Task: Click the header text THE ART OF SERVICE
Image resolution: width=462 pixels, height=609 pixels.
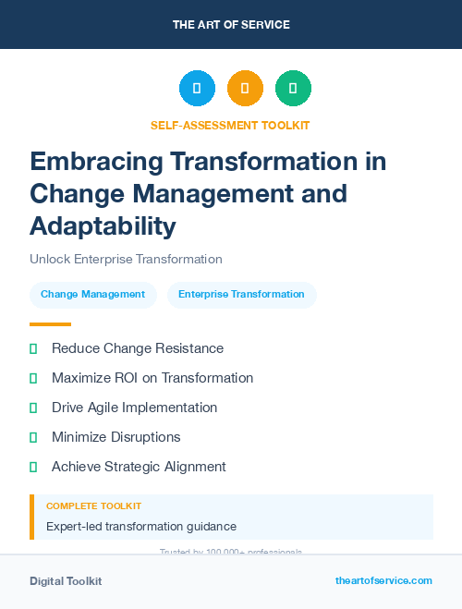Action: tap(231, 25)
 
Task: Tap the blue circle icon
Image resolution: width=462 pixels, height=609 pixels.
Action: tap(197, 89)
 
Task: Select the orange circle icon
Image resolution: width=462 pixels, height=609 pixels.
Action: tap(245, 89)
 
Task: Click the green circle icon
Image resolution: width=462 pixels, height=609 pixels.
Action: tap(293, 89)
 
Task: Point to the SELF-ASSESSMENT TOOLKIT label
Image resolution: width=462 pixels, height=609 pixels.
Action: tap(230, 125)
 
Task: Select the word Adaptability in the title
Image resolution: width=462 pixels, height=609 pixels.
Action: tap(102, 225)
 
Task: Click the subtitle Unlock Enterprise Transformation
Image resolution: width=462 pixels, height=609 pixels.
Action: tap(126, 260)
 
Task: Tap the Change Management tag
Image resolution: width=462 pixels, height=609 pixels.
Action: tap(92, 295)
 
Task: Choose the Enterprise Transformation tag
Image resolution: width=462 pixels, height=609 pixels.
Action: tap(241, 295)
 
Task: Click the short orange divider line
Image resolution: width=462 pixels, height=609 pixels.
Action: tap(50, 324)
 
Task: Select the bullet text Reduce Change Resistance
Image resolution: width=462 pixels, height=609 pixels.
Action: tap(138, 348)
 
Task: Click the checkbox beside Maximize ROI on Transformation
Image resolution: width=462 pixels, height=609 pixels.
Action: tap(33, 378)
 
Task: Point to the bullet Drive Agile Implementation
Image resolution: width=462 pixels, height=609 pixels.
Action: tap(134, 408)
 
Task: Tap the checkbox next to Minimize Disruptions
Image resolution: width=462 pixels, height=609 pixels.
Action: tap(33, 437)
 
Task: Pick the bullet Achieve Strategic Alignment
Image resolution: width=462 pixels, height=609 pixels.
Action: tap(139, 467)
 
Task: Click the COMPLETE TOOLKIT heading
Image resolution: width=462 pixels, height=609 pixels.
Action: tap(93, 506)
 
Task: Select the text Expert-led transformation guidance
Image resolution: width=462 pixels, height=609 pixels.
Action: tap(141, 526)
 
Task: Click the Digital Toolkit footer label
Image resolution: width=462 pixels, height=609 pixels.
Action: tap(66, 581)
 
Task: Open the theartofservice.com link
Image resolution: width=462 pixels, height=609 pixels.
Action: tap(383, 580)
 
